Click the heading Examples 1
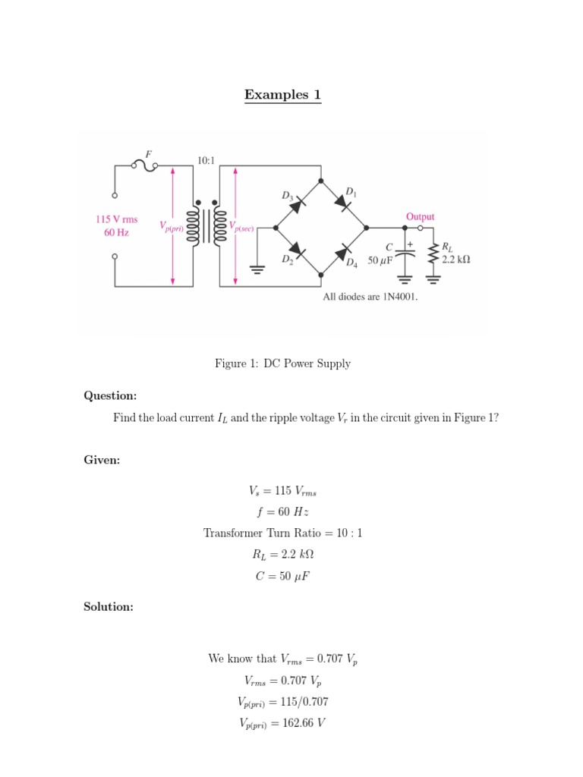click(282, 95)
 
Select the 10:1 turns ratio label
click(206, 161)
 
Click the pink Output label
click(420, 216)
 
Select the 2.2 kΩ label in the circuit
click(455, 259)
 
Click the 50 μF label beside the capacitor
click(380, 260)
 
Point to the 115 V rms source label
click(116, 219)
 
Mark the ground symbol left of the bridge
click(258, 266)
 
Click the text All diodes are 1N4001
click(370, 297)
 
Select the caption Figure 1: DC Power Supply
click(282, 363)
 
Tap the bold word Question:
click(110, 395)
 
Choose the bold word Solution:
click(108, 606)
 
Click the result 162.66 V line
click(282, 723)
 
